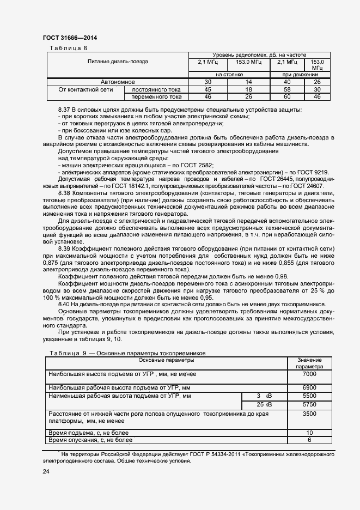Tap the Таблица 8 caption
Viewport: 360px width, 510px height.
tap(69, 48)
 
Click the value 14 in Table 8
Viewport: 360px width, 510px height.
tap(249, 82)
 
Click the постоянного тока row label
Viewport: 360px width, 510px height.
tap(156, 89)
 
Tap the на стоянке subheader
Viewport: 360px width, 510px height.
tap(228, 74)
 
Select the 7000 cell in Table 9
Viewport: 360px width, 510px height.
tap(309, 374)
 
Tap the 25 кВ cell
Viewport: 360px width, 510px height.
tap(264, 405)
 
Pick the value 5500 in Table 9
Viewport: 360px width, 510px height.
tap(309, 396)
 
